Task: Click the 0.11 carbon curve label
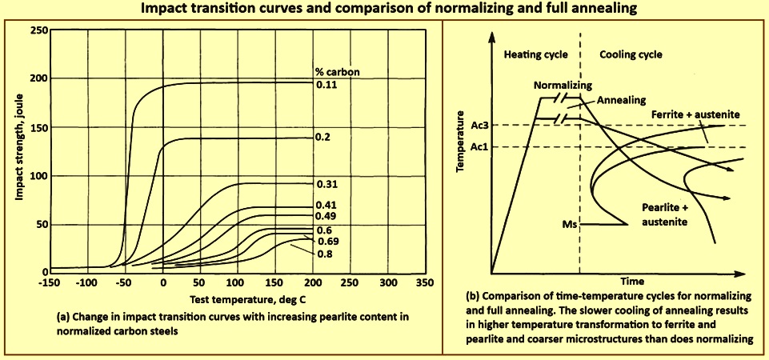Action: click(x=326, y=85)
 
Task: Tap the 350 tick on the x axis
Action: click(x=425, y=284)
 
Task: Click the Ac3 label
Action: click(x=479, y=125)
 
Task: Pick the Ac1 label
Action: click(x=479, y=146)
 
